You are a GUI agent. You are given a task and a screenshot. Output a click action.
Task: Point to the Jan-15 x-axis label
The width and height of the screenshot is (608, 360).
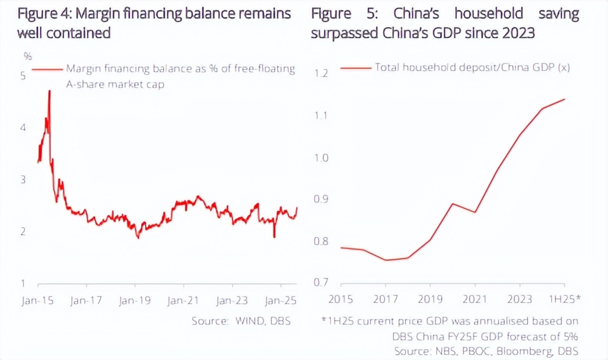37,300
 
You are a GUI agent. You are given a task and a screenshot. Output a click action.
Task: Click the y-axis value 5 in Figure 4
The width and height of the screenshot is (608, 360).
23,76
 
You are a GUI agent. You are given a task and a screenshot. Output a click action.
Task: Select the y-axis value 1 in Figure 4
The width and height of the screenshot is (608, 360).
23,284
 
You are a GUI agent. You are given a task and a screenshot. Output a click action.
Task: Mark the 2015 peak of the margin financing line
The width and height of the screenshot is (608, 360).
49,91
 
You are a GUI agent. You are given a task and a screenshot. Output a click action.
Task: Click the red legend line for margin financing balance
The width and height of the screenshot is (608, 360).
47,69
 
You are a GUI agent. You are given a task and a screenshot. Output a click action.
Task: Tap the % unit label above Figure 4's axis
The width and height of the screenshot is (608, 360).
27,57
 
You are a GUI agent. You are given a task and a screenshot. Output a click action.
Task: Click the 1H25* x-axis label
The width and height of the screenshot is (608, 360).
564,300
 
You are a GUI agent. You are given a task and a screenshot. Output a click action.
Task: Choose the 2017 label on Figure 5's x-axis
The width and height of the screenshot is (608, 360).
386,300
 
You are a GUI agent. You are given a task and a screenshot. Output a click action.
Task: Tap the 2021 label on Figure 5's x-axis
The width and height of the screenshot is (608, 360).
475,300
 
